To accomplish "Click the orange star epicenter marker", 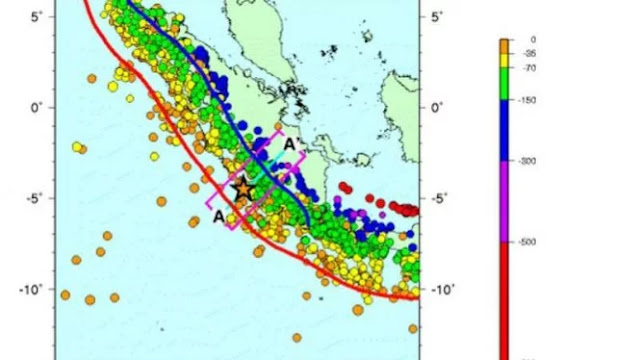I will coord(243,187).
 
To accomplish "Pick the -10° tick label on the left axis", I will coord(29,289).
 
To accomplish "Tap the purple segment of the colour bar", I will coord(505,200).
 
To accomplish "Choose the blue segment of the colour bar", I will coord(505,130).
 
